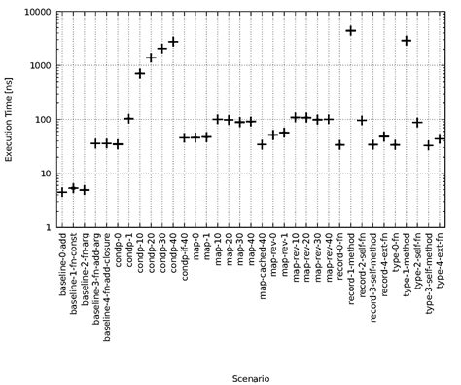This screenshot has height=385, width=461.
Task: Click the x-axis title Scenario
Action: tap(251, 377)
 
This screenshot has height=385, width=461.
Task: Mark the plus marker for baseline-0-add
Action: tap(62, 192)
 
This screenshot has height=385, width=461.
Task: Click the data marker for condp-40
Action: tap(173, 42)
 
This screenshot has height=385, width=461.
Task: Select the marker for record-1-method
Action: tap(350, 31)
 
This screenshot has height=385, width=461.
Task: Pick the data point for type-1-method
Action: tap(406, 41)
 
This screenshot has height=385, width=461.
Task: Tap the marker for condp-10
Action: tap(140, 74)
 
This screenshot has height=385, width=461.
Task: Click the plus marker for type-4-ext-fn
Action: tap(440, 139)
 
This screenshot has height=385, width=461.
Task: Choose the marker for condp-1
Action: tap(128, 119)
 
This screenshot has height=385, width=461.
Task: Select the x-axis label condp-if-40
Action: tap(185, 262)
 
